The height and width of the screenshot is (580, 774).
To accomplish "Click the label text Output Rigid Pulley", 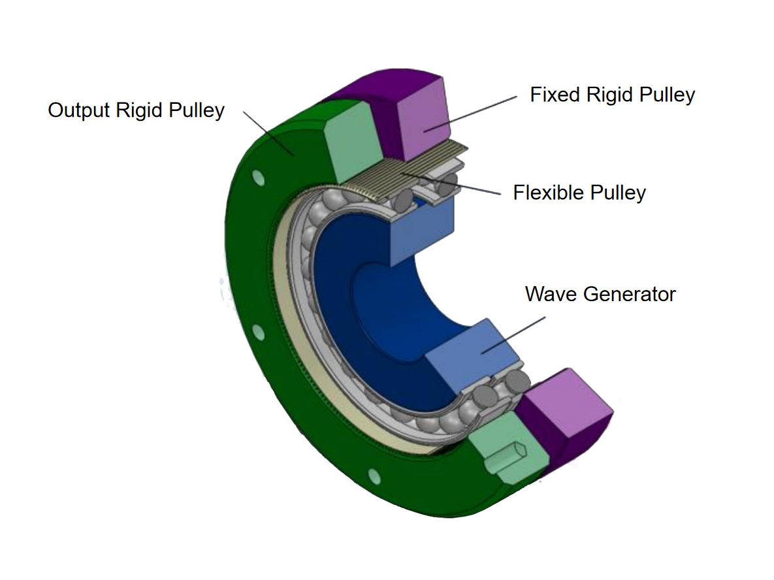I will [x=136, y=110].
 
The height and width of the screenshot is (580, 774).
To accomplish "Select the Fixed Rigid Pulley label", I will [x=612, y=95].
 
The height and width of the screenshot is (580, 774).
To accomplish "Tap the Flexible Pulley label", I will [x=579, y=193].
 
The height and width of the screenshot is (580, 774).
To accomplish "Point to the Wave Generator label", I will [x=600, y=294].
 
